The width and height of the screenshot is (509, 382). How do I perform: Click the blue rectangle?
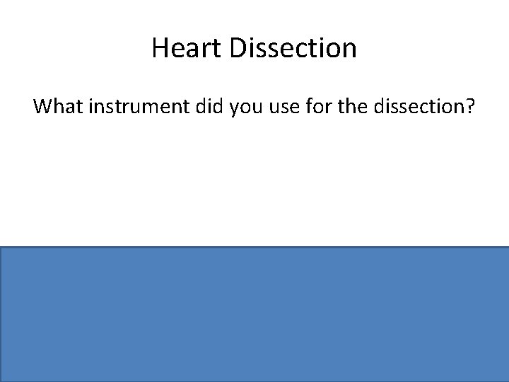255,314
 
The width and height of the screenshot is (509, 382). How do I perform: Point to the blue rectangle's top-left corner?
1,248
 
